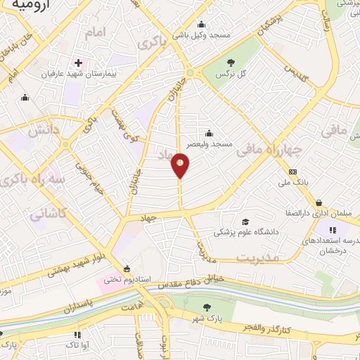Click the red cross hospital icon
point(78,61)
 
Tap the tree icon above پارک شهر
point(207,307)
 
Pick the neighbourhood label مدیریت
point(257,258)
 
